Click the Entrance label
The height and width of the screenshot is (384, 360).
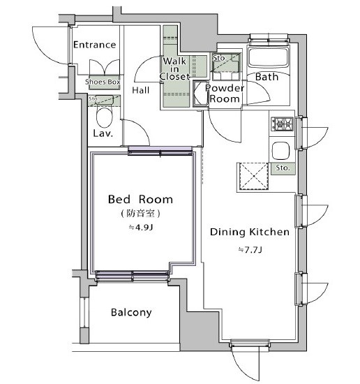(94, 45)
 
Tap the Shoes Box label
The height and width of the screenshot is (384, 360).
(103, 82)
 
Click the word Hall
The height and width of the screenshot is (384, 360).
(141, 90)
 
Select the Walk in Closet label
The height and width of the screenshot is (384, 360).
(174, 68)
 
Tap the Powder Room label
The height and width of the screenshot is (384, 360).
(225, 94)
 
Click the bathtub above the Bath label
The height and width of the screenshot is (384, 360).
(269, 57)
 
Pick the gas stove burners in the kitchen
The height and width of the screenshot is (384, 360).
(282, 124)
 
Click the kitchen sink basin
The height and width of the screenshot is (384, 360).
(281, 151)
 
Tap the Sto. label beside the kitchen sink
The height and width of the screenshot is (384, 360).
(283, 168)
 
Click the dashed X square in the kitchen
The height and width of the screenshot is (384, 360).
(253, 177)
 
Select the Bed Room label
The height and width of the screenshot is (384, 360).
(140, 200)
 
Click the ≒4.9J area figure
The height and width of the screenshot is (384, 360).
(141, 228)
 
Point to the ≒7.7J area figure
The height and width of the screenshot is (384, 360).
(250, 250)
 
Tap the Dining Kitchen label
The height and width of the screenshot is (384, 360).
(250, 232)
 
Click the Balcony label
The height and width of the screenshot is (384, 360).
(131, 313)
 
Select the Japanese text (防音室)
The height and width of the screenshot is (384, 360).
(141, 214)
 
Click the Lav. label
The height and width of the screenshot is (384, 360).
(103, 133)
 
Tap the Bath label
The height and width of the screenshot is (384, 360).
(267, 77)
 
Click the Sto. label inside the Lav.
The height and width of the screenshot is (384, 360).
(93, 98)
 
